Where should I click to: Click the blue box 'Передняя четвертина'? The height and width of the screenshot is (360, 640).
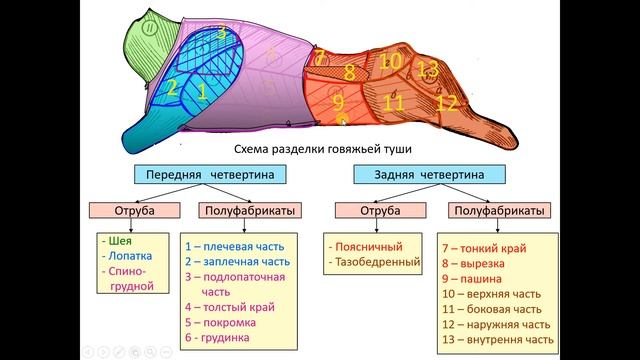[206, 175]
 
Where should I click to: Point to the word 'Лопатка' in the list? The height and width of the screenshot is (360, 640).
[127, 255]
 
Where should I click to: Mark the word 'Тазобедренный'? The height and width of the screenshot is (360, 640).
[375, 261]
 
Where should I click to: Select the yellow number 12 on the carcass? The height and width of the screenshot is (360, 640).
[447, 102]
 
